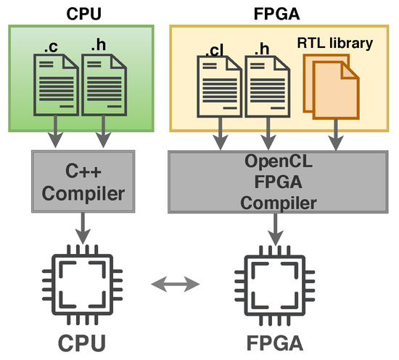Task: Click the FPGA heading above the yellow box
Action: tap(279, 12)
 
